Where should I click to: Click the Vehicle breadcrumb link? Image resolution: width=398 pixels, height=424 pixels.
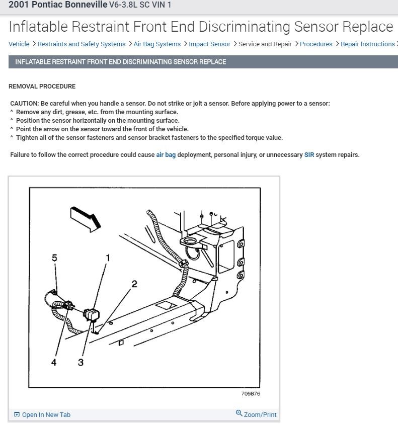(19, 44)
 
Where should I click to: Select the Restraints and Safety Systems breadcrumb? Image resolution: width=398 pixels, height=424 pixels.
(81, 44)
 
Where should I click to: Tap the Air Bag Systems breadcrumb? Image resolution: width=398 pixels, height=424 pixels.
(157, 44)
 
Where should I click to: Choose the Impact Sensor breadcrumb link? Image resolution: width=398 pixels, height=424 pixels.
(209, 44)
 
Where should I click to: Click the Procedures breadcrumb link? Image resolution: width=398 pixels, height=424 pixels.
(316, 44)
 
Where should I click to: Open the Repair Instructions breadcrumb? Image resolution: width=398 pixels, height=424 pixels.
(367, 44)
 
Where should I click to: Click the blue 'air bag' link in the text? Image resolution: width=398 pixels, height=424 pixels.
(166, 155)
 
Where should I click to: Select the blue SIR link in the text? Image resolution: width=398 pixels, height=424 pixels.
(310, 155)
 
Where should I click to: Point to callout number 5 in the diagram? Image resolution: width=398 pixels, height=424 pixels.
(54, 258)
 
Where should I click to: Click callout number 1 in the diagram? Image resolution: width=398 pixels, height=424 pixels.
(107, 258)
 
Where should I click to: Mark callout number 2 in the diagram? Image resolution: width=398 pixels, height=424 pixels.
(134, 284)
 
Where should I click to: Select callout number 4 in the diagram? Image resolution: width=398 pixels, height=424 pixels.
(54, 362)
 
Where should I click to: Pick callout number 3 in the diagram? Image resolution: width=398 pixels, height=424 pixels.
(81, 362)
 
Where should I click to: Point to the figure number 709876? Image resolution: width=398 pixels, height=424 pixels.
(251, 394)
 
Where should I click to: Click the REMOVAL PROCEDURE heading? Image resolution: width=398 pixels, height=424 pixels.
(42, 87)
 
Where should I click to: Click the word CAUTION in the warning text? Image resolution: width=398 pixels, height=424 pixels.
(24, 104)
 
